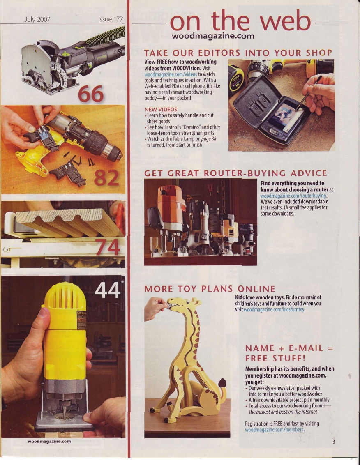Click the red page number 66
[x=91, y=94]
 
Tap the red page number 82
[x=106, y=178]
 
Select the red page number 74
[x=107, y=247]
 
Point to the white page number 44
[x=107, y=290]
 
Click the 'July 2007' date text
[x=37, y=20]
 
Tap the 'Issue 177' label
[x=111, y=19]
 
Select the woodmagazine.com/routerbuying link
[x=293, y=196]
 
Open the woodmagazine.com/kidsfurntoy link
[x=274, y=310]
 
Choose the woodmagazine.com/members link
[x=275, y=429]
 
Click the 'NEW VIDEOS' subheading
[x=161, y=109]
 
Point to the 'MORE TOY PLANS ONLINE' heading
[x=210, y=289]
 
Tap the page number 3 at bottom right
[x=334, y=442]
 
